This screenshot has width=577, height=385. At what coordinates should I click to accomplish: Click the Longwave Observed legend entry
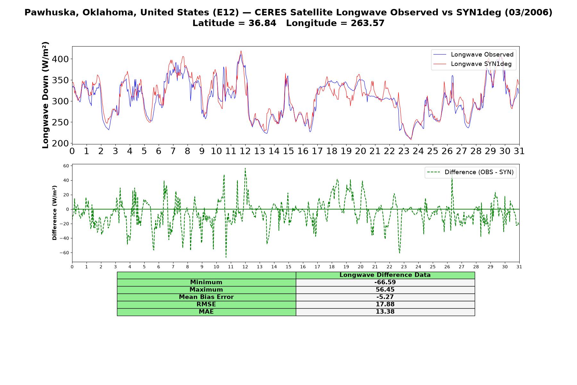(x=473, y=55)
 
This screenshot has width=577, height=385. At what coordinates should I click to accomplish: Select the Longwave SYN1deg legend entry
(x=472, y=64)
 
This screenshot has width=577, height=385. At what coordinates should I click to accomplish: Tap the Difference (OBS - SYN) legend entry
(x=471, y=172)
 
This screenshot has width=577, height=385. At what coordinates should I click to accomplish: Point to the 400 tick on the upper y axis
(x=61, y=59)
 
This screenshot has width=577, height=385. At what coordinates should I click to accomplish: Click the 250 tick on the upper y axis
(x=61, y=122)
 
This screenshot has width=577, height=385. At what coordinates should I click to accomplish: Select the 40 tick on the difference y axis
(x=66, y=180)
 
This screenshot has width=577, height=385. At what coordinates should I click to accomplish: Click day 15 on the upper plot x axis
(x=288, y=151)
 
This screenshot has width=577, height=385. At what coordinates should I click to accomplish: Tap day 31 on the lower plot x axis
(x=519, y=267)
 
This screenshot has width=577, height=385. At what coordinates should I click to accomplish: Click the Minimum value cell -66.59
(x=385, y=282)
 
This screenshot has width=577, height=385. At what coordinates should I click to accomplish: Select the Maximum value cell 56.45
(x=385, y=290)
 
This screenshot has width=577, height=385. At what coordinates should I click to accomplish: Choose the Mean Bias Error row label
(x=206, y=297)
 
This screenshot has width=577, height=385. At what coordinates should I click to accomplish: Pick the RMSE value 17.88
(x=385, y=304)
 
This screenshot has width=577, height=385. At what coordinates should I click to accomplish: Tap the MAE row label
(x=206, y=312)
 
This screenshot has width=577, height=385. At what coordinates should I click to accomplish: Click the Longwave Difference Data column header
(x=385, y=275)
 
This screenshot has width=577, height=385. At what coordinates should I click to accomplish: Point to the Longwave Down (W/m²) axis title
(x=46, y=95)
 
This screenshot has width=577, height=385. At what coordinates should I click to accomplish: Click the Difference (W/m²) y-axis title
(x=54, y=213)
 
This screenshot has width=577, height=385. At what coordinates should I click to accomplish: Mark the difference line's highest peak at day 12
(x=245, y=168)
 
